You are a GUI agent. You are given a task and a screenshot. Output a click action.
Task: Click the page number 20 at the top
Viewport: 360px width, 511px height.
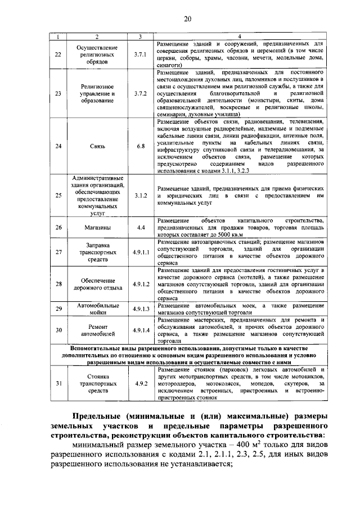click(187, 19)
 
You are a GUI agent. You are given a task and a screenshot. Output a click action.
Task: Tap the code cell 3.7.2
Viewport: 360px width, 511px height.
click(141, 93)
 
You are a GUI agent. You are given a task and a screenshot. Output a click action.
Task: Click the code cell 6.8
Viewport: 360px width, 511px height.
click(141, 146)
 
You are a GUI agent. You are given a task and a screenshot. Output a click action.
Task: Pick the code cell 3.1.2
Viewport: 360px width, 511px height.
click(141, 195)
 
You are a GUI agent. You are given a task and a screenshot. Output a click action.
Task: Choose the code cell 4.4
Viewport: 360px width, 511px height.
click(141, 228)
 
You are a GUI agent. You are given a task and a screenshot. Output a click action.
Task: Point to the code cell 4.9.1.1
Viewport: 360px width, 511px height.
click(141, 252)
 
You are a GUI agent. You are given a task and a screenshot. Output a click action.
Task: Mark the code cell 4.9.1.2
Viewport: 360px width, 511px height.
click(141, 284)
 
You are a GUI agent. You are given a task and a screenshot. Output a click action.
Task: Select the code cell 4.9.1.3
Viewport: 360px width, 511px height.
click(141, 309)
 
